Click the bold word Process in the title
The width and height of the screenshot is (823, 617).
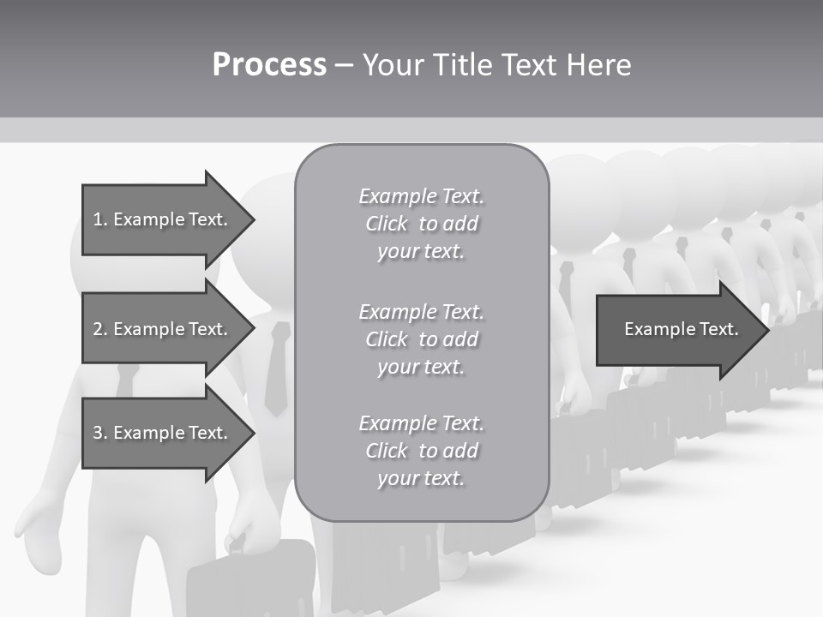(269, 65)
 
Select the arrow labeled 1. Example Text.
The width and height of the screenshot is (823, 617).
(163, 219)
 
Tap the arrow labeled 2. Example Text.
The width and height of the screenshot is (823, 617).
(163, 329)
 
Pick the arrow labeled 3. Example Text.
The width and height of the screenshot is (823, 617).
(163, 433)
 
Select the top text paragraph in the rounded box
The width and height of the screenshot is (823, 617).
(421, 224)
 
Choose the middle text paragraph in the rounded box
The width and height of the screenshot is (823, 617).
(421, 339)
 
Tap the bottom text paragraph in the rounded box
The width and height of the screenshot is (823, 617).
(421, 451)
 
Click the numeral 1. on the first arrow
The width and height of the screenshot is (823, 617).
(101, 219)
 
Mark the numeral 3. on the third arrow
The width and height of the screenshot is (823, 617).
(101, 433)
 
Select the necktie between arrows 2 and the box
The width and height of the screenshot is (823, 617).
(276, 368)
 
